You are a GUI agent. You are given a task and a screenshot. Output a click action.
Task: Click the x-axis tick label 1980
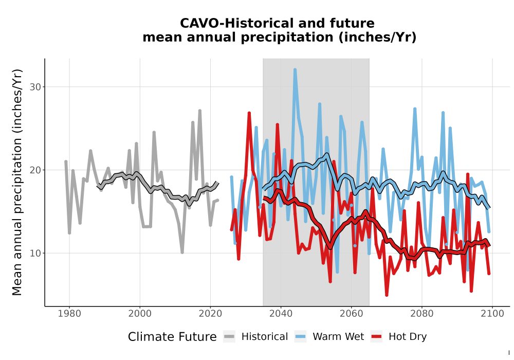click(x=69, y=313)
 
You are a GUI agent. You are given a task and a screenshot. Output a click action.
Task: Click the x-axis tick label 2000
click(x=140, y=313)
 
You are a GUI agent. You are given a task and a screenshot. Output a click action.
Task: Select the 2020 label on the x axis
click(x=210, y=313)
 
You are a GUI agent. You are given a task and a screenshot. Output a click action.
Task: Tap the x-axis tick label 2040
click(x=281, y=313)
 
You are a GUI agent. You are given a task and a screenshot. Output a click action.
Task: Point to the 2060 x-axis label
click(x=352, y=313)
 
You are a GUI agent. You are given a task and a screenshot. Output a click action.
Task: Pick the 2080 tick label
click(x=422, y=313)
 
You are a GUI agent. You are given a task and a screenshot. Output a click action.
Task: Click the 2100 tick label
click(x=492, y=313)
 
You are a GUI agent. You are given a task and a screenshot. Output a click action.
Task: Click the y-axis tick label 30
click(x=35, y=87)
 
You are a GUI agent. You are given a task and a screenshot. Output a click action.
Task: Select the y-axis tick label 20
click(x=35, y=170)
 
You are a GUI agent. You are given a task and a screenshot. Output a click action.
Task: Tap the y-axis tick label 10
click(x=35, y=254)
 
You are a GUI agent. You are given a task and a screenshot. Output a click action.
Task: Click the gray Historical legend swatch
click(x=229, y=337)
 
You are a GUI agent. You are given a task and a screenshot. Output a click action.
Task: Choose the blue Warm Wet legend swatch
click(x=300, y=337)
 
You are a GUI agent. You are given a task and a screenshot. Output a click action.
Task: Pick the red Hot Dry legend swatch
click(x=377, y=337)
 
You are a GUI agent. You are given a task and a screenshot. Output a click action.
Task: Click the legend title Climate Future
click(x=172, y=337)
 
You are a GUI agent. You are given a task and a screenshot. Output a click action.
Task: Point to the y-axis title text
click(x=17, y=182)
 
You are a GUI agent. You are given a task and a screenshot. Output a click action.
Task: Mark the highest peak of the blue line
click(x=295, y=70)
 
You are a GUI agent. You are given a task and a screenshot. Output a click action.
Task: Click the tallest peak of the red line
click(x=249, y=113)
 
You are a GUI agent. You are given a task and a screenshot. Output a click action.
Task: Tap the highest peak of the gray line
click(x=199, y=111)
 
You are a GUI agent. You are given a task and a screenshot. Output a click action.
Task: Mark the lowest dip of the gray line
click(x=182, y=252)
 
